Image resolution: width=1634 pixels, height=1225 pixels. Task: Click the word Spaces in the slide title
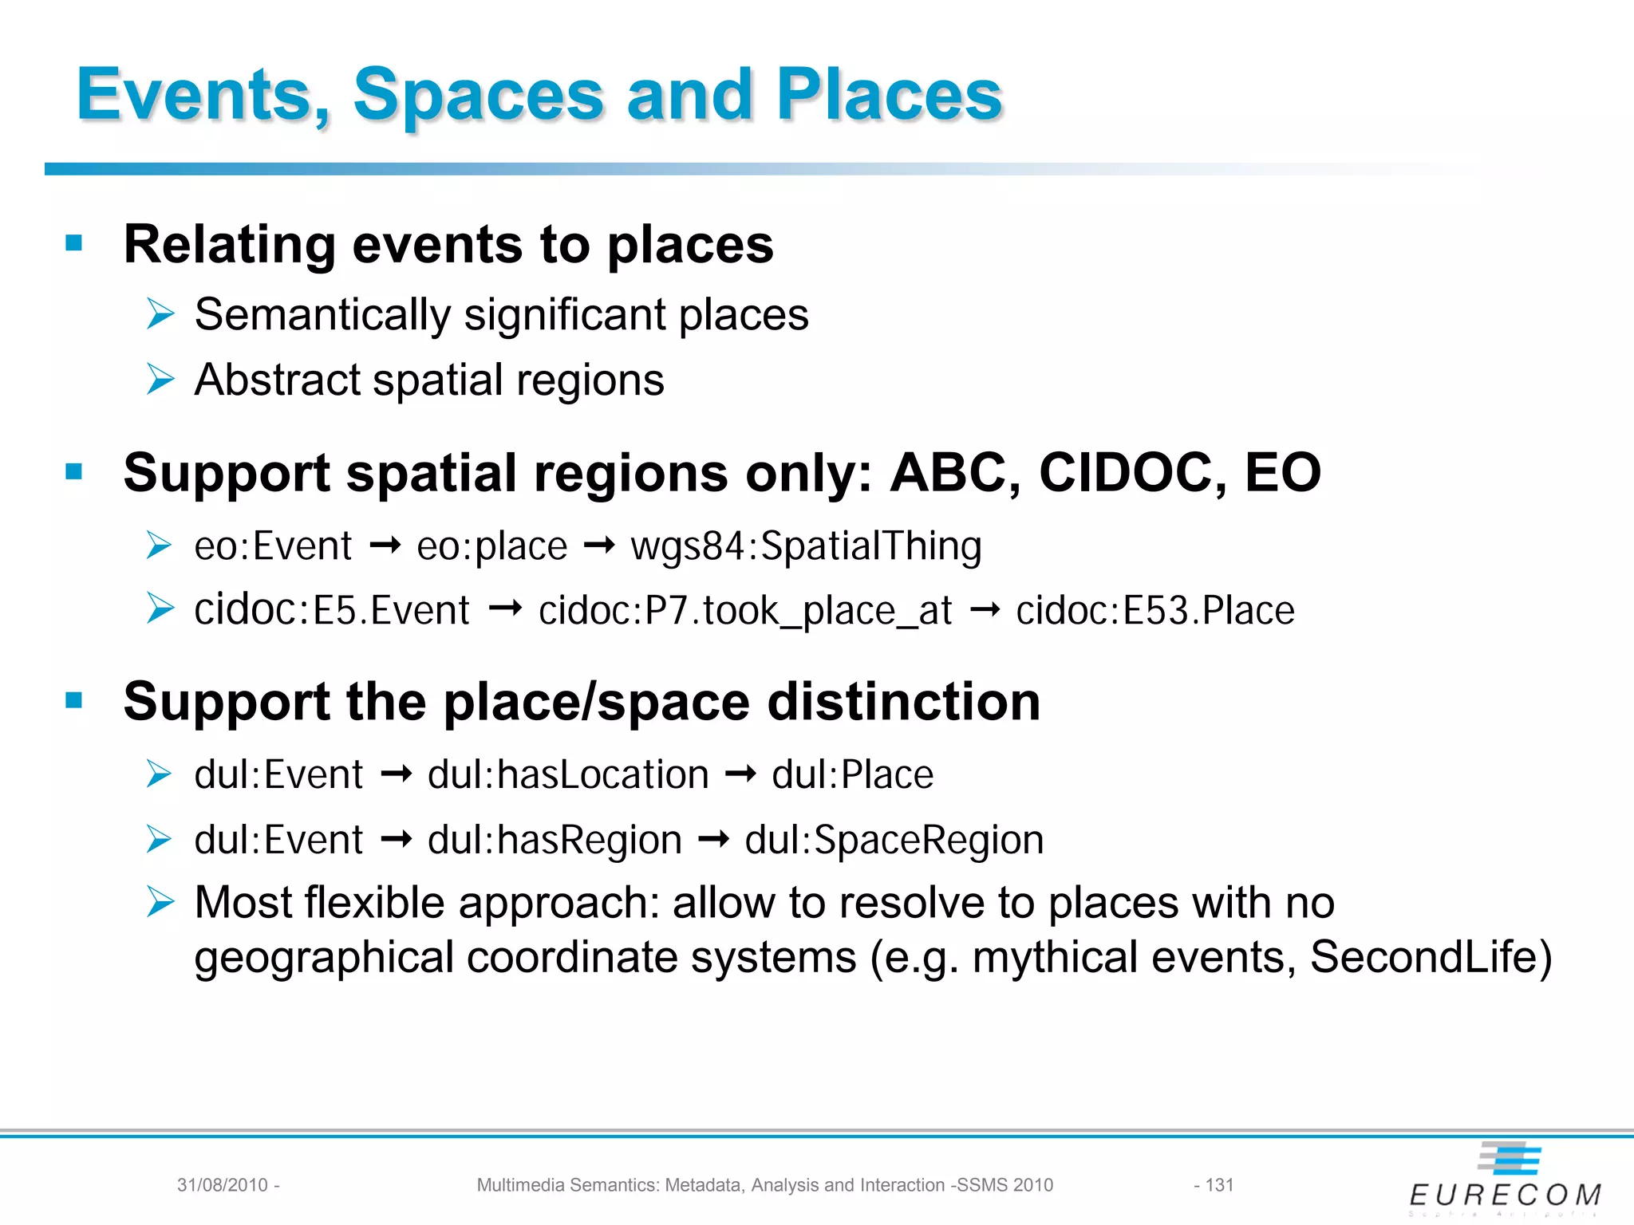(477, 96)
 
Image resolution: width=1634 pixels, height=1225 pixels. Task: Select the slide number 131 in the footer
(1219, 1185)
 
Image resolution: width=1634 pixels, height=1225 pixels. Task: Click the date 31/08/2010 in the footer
(223, 1185)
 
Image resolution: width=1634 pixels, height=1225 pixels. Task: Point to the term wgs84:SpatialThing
(806, 547)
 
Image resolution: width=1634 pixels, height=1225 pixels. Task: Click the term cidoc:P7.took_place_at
(745, 612)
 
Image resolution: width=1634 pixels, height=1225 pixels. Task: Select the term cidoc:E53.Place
(1154, 612)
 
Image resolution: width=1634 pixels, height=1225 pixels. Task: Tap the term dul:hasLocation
(568, 775)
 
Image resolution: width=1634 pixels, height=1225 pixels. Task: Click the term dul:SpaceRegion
(894, 841)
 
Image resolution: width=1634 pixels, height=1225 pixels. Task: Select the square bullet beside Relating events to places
(74, 242)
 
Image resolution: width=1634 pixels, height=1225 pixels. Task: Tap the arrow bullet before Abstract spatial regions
(160, 380)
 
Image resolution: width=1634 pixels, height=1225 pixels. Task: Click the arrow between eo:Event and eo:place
(385, 546)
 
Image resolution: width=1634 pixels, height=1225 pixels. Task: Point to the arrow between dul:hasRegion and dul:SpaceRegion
(713, 840)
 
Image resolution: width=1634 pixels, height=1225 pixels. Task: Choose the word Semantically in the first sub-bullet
(322, 315)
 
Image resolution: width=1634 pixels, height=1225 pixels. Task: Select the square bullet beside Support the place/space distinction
(74, 700)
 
